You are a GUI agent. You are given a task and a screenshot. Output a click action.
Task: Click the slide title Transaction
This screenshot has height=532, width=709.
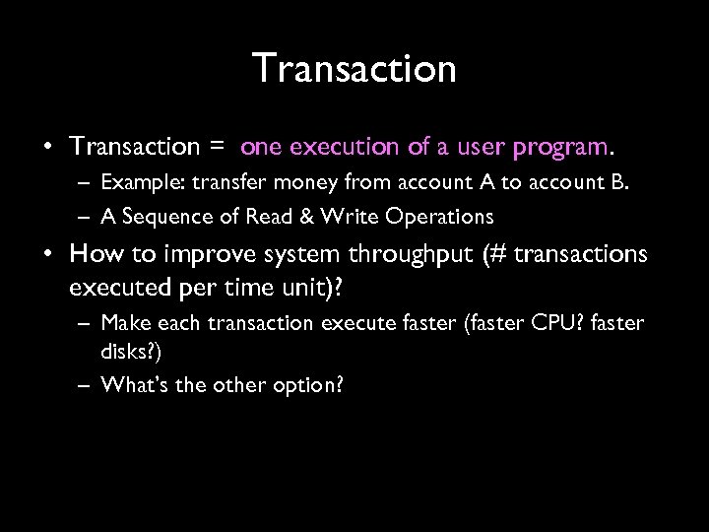(x=354, y=69)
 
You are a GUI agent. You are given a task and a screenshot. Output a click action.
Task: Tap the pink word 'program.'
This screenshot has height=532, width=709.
(x=565, y=148)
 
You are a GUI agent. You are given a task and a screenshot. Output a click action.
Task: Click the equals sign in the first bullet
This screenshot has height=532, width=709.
(x=216, y=148)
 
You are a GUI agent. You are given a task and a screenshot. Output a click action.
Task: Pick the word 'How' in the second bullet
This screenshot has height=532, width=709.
(x=93, y=255)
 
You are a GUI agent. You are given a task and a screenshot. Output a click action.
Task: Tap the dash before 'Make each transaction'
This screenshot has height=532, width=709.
(x=84, y=323)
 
